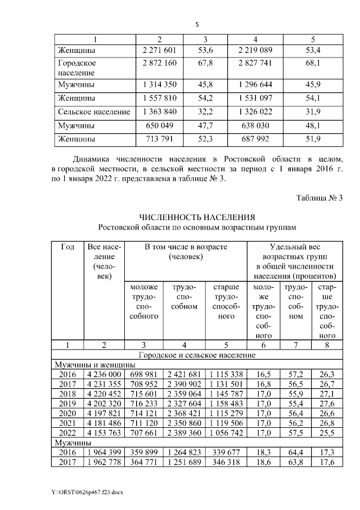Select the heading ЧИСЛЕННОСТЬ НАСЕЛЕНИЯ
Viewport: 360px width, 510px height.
(198, 217)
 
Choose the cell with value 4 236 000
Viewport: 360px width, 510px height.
(102, 373)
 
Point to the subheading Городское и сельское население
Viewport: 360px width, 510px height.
(198, 355)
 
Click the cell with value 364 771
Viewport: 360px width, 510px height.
(143, 462)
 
